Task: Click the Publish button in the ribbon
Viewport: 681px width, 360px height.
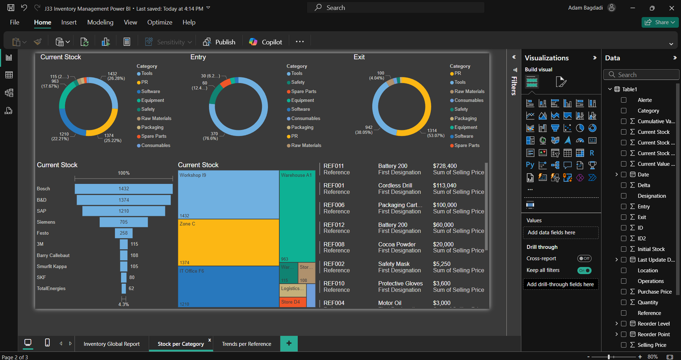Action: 220,42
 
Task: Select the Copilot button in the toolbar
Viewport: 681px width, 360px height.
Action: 266,42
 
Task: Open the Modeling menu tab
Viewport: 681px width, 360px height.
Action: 100,22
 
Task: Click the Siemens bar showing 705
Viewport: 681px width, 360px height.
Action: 123,222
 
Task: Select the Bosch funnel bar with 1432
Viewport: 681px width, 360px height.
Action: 123,188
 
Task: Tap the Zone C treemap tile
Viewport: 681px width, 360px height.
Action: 228,242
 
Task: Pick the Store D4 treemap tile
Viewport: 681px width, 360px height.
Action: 292,302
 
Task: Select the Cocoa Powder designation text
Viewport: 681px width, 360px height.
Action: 397,244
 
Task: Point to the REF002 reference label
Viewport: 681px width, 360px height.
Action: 334,264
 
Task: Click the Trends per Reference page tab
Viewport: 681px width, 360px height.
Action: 246,344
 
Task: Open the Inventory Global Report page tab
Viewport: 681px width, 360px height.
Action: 112,344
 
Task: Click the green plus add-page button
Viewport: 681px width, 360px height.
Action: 289,344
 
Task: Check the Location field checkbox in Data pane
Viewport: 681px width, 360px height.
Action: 624,270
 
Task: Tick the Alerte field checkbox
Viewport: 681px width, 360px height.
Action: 624,100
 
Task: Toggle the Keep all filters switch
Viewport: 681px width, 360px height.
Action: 584,270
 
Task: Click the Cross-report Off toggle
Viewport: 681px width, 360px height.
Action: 584,258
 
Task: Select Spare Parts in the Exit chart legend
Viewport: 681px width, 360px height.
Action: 467,145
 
